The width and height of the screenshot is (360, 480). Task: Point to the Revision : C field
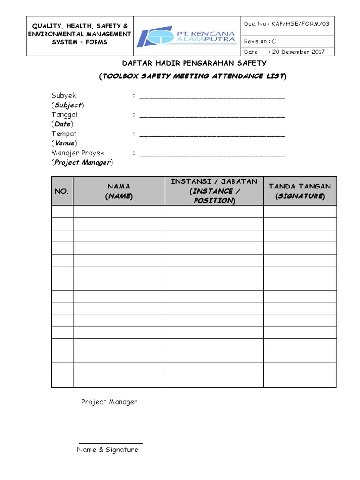coord(260,41)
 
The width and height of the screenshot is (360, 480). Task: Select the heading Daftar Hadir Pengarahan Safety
coord(194,63)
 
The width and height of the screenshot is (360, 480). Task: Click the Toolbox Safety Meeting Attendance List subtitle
coord(193,76)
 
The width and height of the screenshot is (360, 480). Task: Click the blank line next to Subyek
coord(212,97)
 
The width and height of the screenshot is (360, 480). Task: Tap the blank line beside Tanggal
coord(212,116)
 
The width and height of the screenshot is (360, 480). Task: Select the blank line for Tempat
coord(212,135)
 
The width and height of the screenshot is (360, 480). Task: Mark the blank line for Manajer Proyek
coord(212,154)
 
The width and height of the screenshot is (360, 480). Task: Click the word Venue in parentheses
coord(64,143)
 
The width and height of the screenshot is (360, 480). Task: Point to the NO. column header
coord(62,191)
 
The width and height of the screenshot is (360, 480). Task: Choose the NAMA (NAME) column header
coord(119,191)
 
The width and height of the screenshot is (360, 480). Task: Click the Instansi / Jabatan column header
coord(214,191)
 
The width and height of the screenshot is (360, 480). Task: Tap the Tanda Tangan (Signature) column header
coord(300,191)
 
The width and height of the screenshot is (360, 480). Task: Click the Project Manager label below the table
coord(109,402)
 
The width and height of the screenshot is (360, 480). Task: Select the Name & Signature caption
coord(108,450)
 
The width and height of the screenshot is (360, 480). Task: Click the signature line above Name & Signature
coord(111,443)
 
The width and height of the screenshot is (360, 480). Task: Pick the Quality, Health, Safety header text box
coord(78,34)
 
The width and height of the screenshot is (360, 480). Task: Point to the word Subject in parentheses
coord(67,105)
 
